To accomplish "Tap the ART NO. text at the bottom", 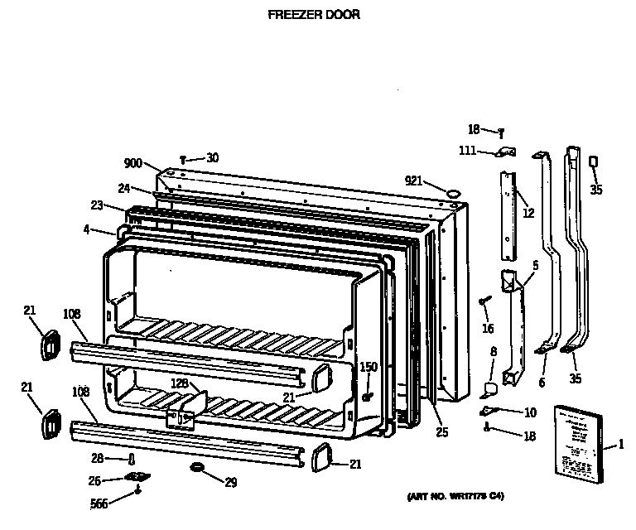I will [455, 496].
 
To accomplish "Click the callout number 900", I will [133, 163].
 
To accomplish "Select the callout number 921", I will [414, 181].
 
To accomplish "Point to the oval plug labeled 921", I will [453, 193].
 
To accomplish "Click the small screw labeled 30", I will [183, 158].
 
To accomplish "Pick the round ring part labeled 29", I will [197, 469].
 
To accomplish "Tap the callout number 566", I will [99, 503].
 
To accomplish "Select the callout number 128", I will [180, 383].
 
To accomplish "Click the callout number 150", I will [368, 367].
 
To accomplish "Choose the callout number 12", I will [528, 213].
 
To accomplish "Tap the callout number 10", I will [530, 412].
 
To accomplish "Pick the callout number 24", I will [124, 187].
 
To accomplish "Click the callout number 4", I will [86, 229].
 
